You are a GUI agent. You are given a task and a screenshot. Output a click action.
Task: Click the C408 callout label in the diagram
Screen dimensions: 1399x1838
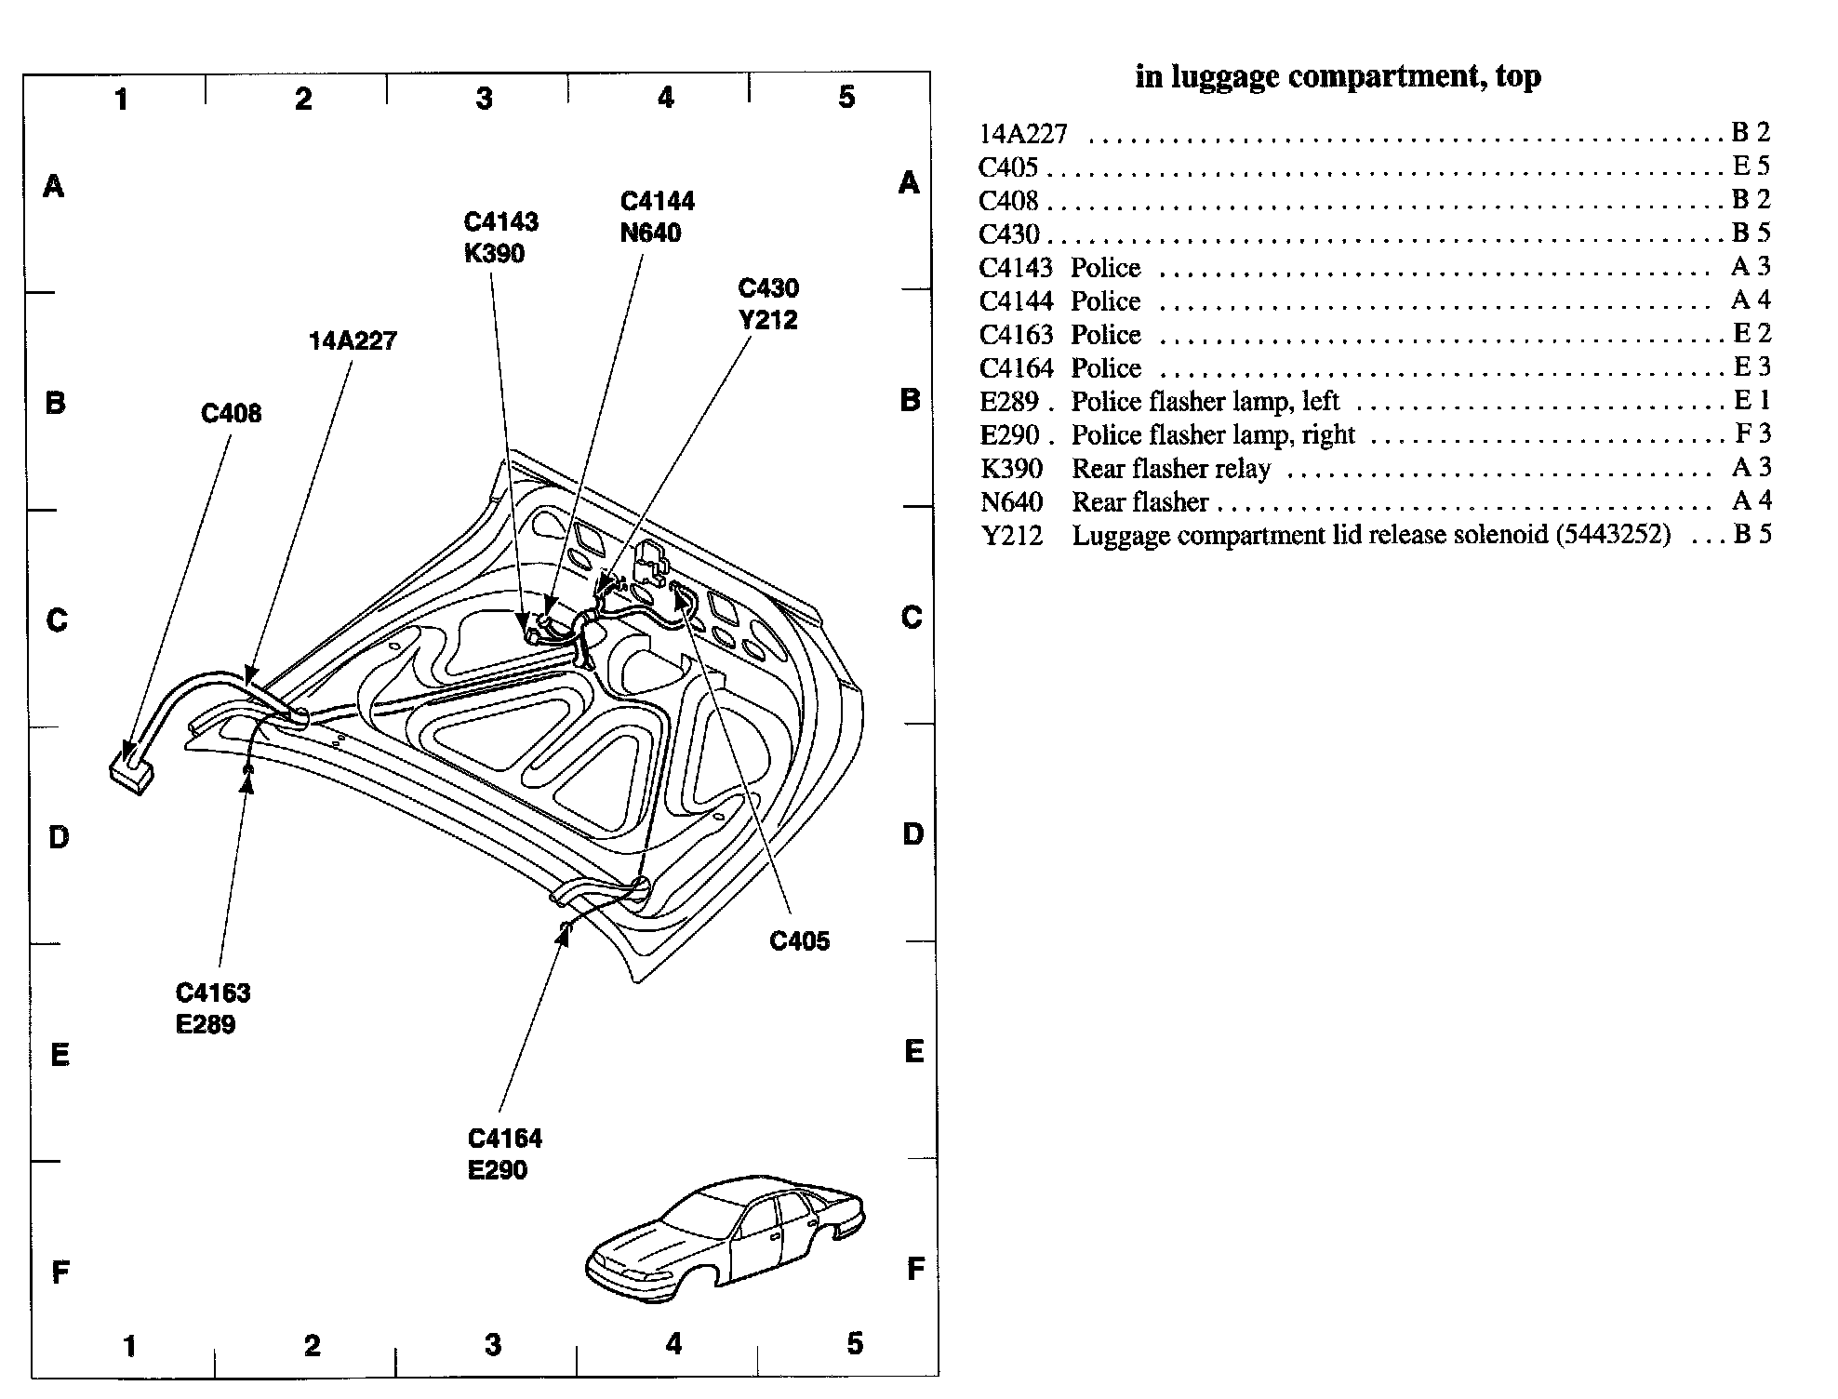(231, 413)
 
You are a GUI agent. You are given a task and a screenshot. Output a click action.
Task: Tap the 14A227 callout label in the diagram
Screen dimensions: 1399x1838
(353, 341)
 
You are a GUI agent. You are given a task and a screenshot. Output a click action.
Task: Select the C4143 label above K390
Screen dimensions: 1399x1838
(500, 221)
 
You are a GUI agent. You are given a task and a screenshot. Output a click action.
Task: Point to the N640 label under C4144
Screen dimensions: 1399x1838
(650, 233)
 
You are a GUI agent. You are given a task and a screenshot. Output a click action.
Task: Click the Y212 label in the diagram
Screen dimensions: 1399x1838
(767, 320)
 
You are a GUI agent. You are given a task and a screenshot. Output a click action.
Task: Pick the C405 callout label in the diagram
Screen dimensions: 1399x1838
(799, 941)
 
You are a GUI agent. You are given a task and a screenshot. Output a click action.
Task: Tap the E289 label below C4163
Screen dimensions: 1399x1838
(206, 1024)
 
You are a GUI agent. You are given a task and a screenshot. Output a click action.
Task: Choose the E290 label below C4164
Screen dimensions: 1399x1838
(498, 1169)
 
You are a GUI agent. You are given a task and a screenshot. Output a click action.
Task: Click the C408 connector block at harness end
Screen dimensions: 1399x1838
(131, 771)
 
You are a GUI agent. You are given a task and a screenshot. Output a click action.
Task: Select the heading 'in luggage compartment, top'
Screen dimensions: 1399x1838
(1338, 76)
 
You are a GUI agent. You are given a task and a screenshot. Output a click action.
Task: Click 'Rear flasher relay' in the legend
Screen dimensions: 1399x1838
(1170, 468)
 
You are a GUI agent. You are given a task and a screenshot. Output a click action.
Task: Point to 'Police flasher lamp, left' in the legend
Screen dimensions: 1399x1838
(1205, 401)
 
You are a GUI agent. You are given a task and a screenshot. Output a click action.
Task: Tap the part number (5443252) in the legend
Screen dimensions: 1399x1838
(1609, 535)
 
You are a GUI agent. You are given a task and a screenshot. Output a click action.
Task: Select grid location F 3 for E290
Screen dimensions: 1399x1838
(1752, 433)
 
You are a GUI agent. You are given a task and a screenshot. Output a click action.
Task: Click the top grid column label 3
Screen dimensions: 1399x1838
(484, 98)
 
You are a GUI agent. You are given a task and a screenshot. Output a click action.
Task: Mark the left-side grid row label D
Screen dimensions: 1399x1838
(58, 837)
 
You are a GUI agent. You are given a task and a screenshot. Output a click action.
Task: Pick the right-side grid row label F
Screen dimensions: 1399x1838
(915, 1268)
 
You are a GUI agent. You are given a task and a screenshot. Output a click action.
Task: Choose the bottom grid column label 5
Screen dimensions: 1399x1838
(855, 1343)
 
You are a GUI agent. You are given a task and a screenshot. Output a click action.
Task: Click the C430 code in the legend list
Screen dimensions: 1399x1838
(1008, 234)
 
